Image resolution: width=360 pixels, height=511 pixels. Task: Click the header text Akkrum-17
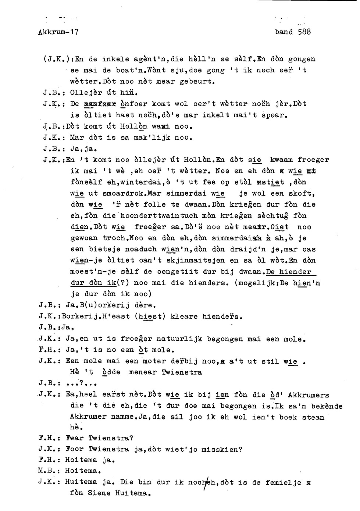tap(58, 32)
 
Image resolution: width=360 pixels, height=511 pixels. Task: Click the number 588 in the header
tap(304, 32)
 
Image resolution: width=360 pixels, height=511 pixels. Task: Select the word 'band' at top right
tap(284, 32)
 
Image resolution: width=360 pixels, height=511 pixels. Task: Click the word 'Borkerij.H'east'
tap(95, 317)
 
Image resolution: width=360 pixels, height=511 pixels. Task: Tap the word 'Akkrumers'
tap(308, 396)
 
